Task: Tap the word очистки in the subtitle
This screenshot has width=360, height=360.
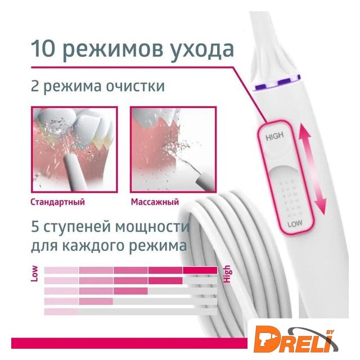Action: pyautogui.click(x=135, y=87)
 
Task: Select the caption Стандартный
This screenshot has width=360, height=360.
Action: pyautogui.click(x=57, y=202)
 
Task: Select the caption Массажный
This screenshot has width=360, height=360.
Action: pyautogui.click(x=155, y=202)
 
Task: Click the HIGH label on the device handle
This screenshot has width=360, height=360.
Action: pyautogui.click(x=274, y=136)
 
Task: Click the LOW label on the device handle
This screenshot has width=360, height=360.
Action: pyautogui.click(x=295, y=223)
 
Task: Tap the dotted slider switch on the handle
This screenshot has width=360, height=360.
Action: pyautogui.click(x=286, y=195)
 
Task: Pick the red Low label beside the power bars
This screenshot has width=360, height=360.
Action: pyautogui.click(x=34, y=274)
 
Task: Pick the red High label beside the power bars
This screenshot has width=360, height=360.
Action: pyautogui.click(x=227, y=274)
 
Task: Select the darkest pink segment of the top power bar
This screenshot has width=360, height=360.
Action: pyautogui.click(x=200, y=270)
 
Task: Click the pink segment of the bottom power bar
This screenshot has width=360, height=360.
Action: pyautogui.click(x=61, y=312)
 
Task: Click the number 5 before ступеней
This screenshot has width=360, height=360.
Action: pyautogui.click(x=35, y=226)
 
